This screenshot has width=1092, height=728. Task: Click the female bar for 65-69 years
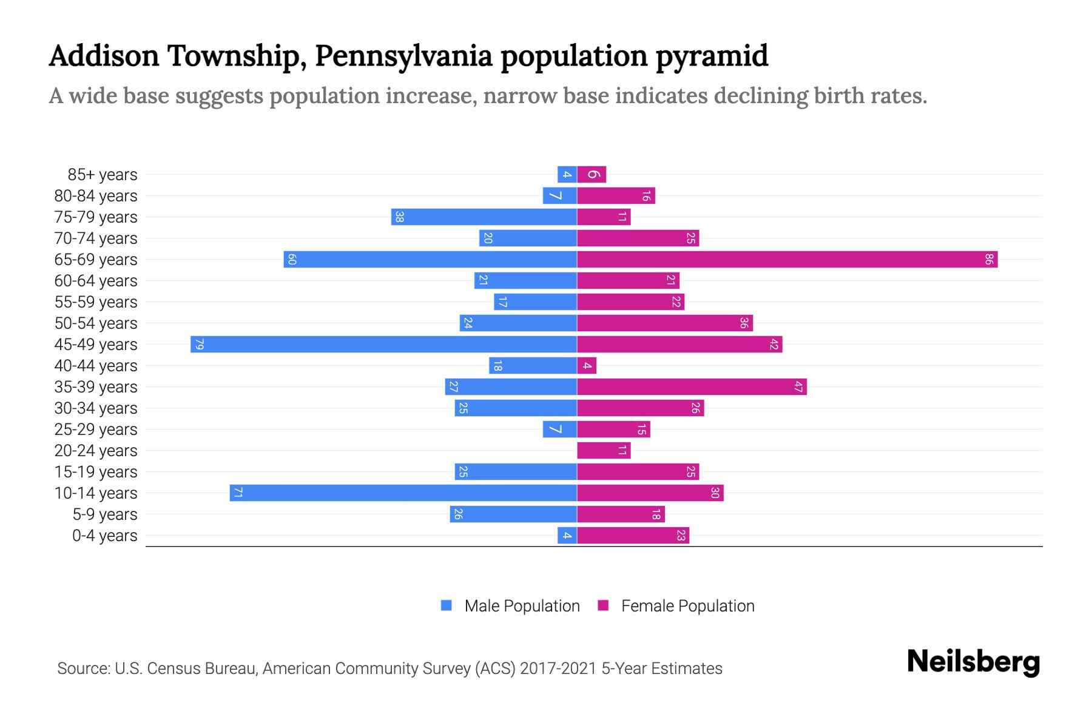pos(787,260)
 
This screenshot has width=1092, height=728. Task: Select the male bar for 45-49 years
pos(383,345)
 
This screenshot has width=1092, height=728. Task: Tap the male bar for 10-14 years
pos(403,493)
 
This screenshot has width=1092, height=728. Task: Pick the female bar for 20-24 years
pos(604,451)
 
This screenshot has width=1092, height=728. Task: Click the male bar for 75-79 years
pos(484,217)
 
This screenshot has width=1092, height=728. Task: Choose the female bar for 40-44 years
pos(587,366)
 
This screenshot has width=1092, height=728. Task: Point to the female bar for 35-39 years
pos(692,387)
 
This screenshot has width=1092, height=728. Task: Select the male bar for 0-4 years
pos(567,536)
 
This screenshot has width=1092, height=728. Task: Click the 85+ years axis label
pos(102,175)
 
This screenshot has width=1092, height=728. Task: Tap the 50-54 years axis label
pos(96,323)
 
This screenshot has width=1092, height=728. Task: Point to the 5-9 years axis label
pos(104,514)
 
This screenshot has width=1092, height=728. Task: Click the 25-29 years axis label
pos(96,430)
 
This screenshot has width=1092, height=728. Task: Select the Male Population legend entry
pos(521,606)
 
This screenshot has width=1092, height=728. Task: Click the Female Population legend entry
pos(687,606)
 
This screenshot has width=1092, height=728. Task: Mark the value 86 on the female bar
pos(989,260)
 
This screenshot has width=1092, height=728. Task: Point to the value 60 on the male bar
pos(292,260)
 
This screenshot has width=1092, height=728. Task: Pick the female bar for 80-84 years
pos(616,196)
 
